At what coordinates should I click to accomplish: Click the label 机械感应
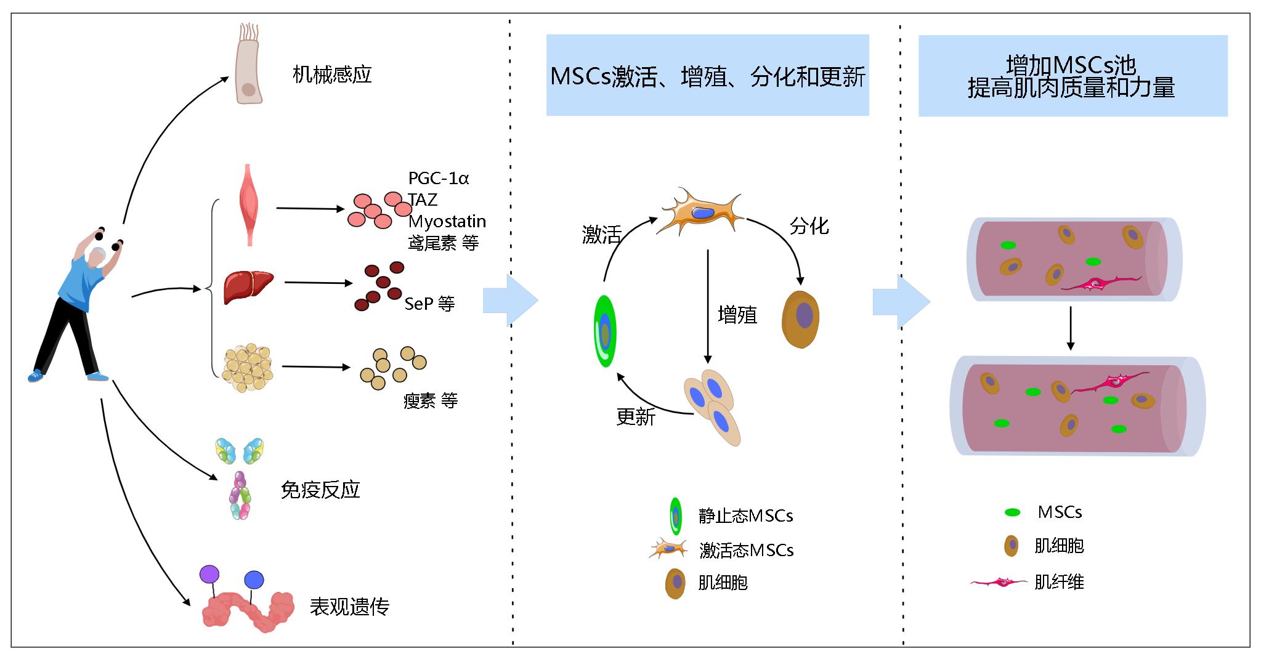click(x=332, y=75)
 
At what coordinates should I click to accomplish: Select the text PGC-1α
click(x=439, y=179)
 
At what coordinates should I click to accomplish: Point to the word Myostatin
click(x=447, y=221)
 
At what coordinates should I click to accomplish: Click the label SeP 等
click(x=429, y=304)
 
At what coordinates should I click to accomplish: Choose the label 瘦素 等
click(x=430, y=401)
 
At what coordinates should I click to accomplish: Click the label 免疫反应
click(x=320, y=490)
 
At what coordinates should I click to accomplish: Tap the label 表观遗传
click(x=349, y=607)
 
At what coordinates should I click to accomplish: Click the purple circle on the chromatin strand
click(x=209, y=575)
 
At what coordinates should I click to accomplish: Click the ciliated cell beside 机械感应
click(x=249, y=64)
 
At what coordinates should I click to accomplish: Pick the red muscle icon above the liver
click(x=249, y=205)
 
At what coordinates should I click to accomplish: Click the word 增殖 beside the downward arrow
click(x=737, y=315)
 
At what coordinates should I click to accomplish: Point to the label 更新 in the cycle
click(x=636, y=417)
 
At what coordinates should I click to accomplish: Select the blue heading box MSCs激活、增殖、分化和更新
click(x=707, y=75)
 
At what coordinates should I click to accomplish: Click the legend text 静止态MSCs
click(x=745, y=515)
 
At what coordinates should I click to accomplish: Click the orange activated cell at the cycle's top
click(x=701, y=212)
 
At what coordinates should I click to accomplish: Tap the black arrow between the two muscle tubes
click(x=1071, y=328)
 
